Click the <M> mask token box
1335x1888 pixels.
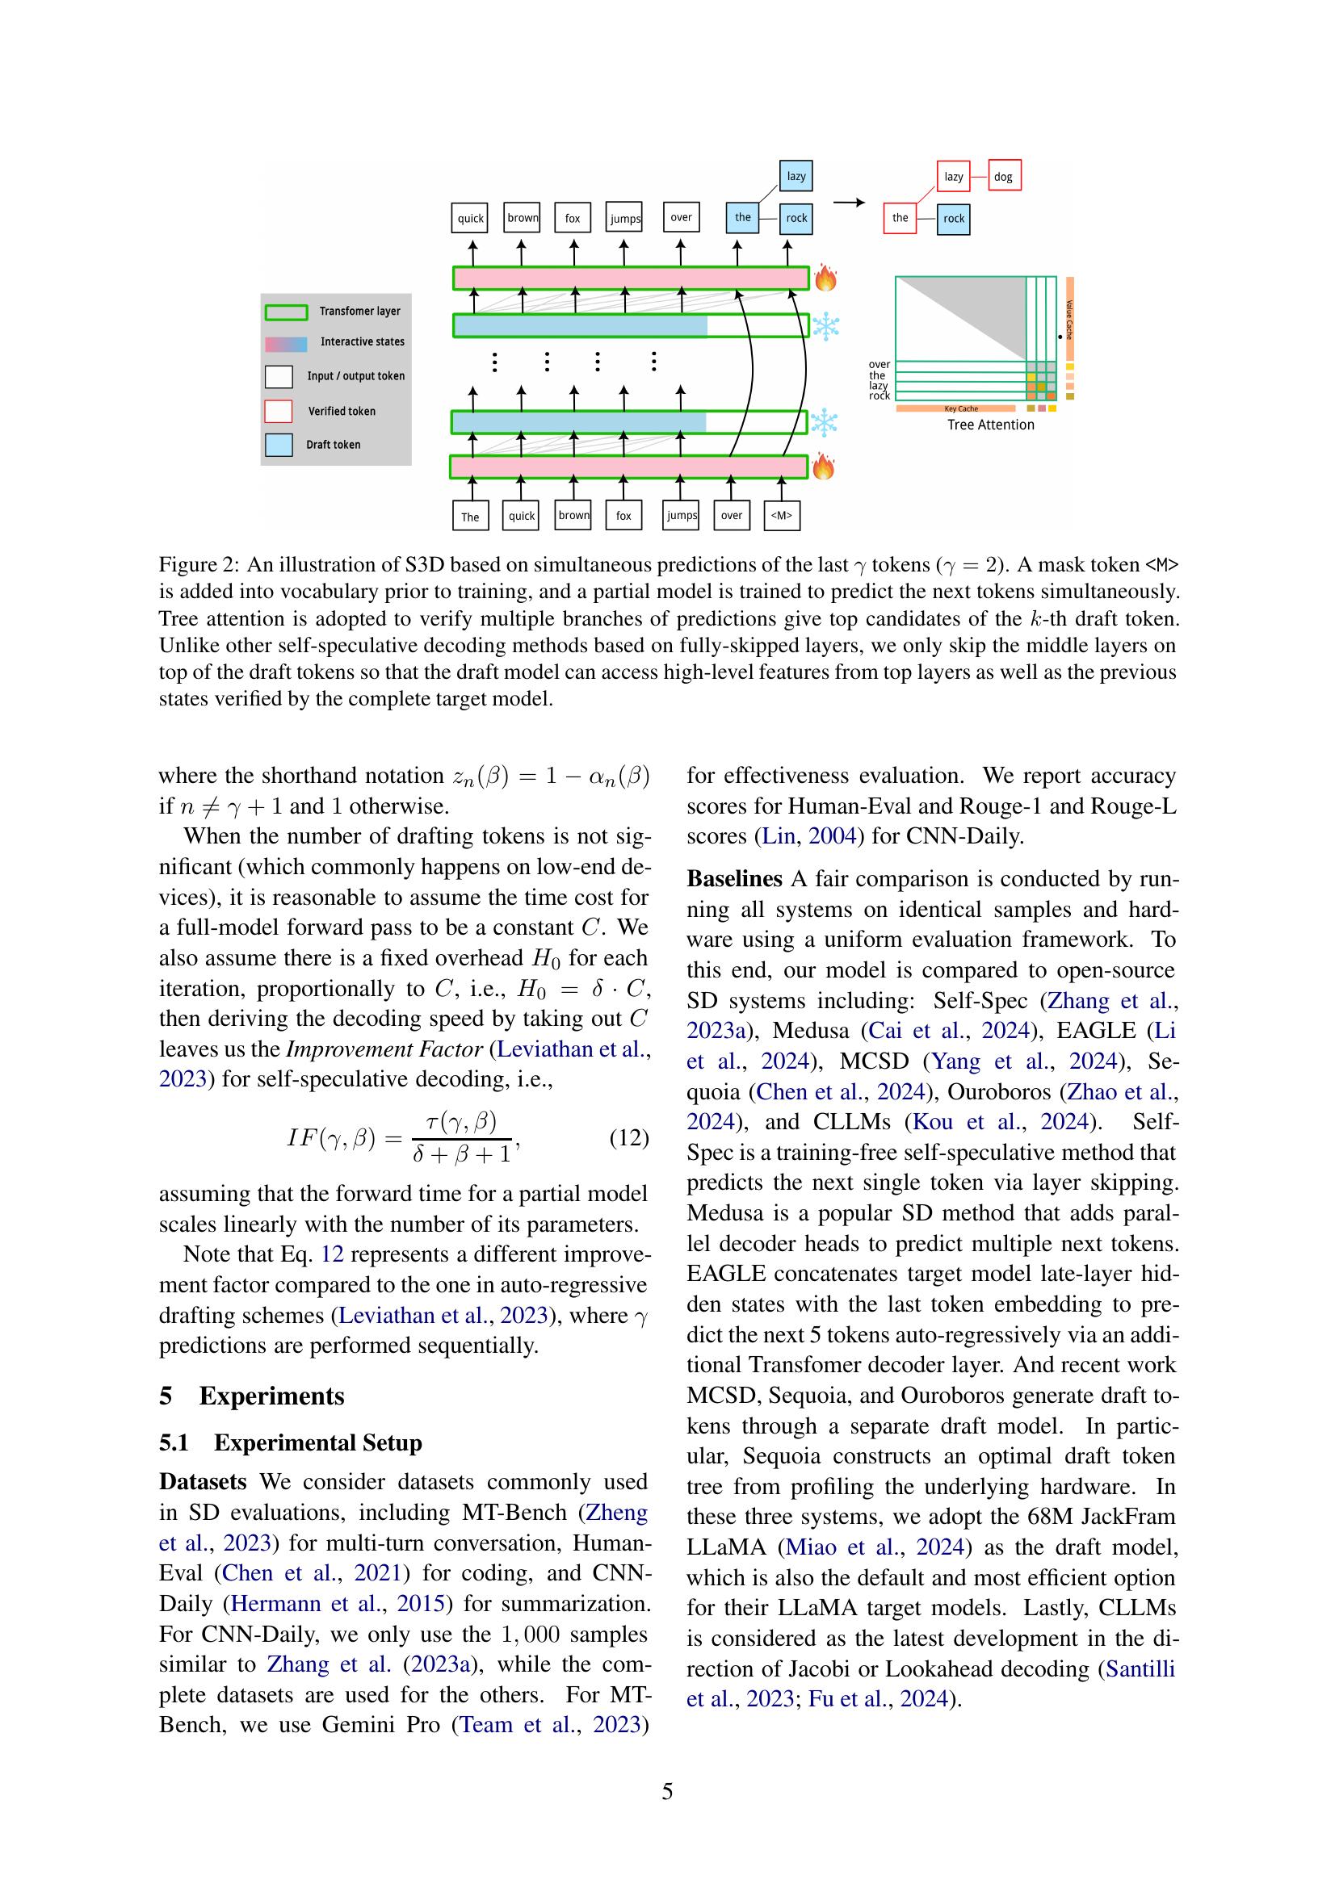(x=782, y=516)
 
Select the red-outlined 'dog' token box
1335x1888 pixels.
(x=1004, y=176)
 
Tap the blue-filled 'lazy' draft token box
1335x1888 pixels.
(x=796, y=176)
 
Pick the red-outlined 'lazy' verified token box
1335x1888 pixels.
(x=953, y=176)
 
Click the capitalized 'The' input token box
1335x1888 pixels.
(x=471, y=517)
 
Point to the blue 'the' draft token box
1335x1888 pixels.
(x=742, y=218)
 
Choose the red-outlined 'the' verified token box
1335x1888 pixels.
(x=900, y=218)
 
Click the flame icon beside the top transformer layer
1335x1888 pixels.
(x=826, y=278)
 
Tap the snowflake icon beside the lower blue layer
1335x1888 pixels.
(x=824, y=423)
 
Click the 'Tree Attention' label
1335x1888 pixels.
(x=990, y=425)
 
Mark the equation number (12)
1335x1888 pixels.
(x=628, y=1138)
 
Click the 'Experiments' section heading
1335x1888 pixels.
(x=271, y=1396)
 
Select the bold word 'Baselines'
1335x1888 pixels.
(x=733, y=879)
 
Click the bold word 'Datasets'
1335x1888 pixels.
(x=203, y=1482)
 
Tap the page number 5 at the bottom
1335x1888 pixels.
(x=667, y=1792)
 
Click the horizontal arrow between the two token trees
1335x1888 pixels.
(x=849, y=203)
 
